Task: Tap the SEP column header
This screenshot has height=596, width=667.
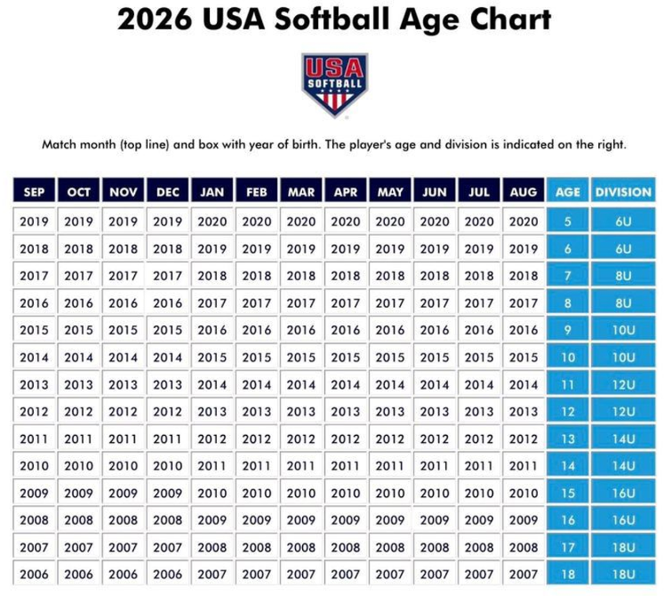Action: pyautogui.click(x=34, y=192)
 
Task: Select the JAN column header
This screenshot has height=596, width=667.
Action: pyautogui.click(x=212, y=192)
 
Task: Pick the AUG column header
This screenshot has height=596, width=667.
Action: pyautogui.click(x=524, y=192)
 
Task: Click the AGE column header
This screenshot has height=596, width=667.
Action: pyautogui.click(x=567, y=192)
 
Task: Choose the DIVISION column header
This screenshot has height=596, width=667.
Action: pyautogui.click(x=623, y=192)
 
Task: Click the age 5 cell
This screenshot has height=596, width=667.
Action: pyautogui.click(x=567, y=221)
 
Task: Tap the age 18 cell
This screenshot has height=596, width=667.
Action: pyautogui.click(x=567, y=575)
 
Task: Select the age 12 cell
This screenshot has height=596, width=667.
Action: pyautogui.click(x=567, y=412)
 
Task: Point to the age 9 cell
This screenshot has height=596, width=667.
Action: pyautogui.click(x=567, y=330)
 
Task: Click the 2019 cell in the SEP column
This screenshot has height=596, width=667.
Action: pyautogui.click(x=34, y=221)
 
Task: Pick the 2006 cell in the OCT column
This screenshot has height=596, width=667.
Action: pyautogui.click(x=78, y=575)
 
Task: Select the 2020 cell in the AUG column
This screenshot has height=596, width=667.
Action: pyautogui.click(x=524, y=221)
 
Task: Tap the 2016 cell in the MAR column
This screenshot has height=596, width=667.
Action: pyautogui.click(x=301, y=330)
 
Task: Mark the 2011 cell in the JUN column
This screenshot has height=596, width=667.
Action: pyautogui.click(x=434, y=466)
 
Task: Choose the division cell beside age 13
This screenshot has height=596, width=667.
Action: pyautogui.click(x=623, y=439)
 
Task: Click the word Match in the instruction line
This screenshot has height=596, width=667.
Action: pyautogui.click(x=59, y=145)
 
